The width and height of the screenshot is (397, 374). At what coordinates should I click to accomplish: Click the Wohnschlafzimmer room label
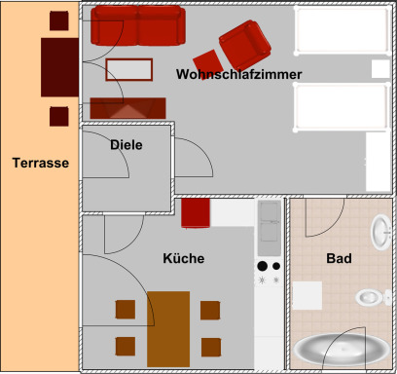click(239, 74)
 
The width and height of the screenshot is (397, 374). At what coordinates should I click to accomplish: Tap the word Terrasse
click(41, 163)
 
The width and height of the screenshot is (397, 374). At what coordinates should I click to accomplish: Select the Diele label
click(126, 145)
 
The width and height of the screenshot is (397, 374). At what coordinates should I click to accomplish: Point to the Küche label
click(184, 258)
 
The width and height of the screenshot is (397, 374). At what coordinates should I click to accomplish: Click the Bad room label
click(339, 258)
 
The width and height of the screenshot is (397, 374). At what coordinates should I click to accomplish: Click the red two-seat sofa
click(138, 25)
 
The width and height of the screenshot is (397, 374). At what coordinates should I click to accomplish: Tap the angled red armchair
click(245, 45)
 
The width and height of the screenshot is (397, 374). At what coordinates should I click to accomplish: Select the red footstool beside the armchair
click(208, 64)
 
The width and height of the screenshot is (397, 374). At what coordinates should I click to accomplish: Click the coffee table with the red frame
click(129, 69)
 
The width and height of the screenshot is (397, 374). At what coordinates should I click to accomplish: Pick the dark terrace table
click(59, 67)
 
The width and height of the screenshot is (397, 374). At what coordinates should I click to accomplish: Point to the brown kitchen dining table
click(168, 329)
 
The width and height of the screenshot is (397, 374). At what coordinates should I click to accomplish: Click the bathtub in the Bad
click(342, 350)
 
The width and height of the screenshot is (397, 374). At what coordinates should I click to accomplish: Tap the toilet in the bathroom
click(373, 297)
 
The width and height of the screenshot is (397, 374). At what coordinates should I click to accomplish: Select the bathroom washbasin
click(381, 232)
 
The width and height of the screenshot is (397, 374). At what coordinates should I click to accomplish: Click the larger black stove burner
click(263, 266)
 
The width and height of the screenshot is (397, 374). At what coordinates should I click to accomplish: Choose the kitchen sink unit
click(270, 228)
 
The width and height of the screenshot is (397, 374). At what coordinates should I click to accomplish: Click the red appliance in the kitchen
click(196, 213)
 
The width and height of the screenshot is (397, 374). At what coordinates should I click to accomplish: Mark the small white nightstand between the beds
click(380, 69)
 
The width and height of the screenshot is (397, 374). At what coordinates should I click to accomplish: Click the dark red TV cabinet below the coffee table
click(127, 108)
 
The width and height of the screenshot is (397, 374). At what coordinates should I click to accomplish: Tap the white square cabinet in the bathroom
click(307, 295)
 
